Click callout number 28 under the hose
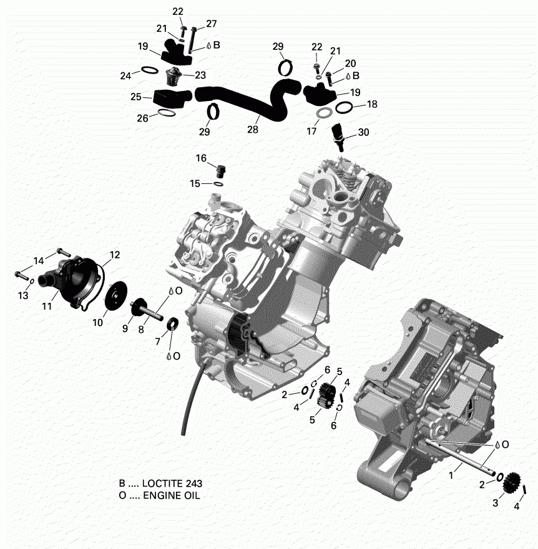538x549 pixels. coord(253,130)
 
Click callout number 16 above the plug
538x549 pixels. coord(201,158)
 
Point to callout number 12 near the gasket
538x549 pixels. coord(114,254)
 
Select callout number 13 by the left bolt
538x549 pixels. coord(23,295)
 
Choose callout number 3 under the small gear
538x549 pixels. coord(496,502)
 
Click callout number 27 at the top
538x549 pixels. coord(211,23)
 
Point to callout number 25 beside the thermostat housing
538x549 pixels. coord(137,97)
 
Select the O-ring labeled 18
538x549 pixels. coord(343,107)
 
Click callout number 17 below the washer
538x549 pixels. coord(312,132)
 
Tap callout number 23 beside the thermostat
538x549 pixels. coord(200,75)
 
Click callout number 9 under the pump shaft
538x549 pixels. coord(125,328)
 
